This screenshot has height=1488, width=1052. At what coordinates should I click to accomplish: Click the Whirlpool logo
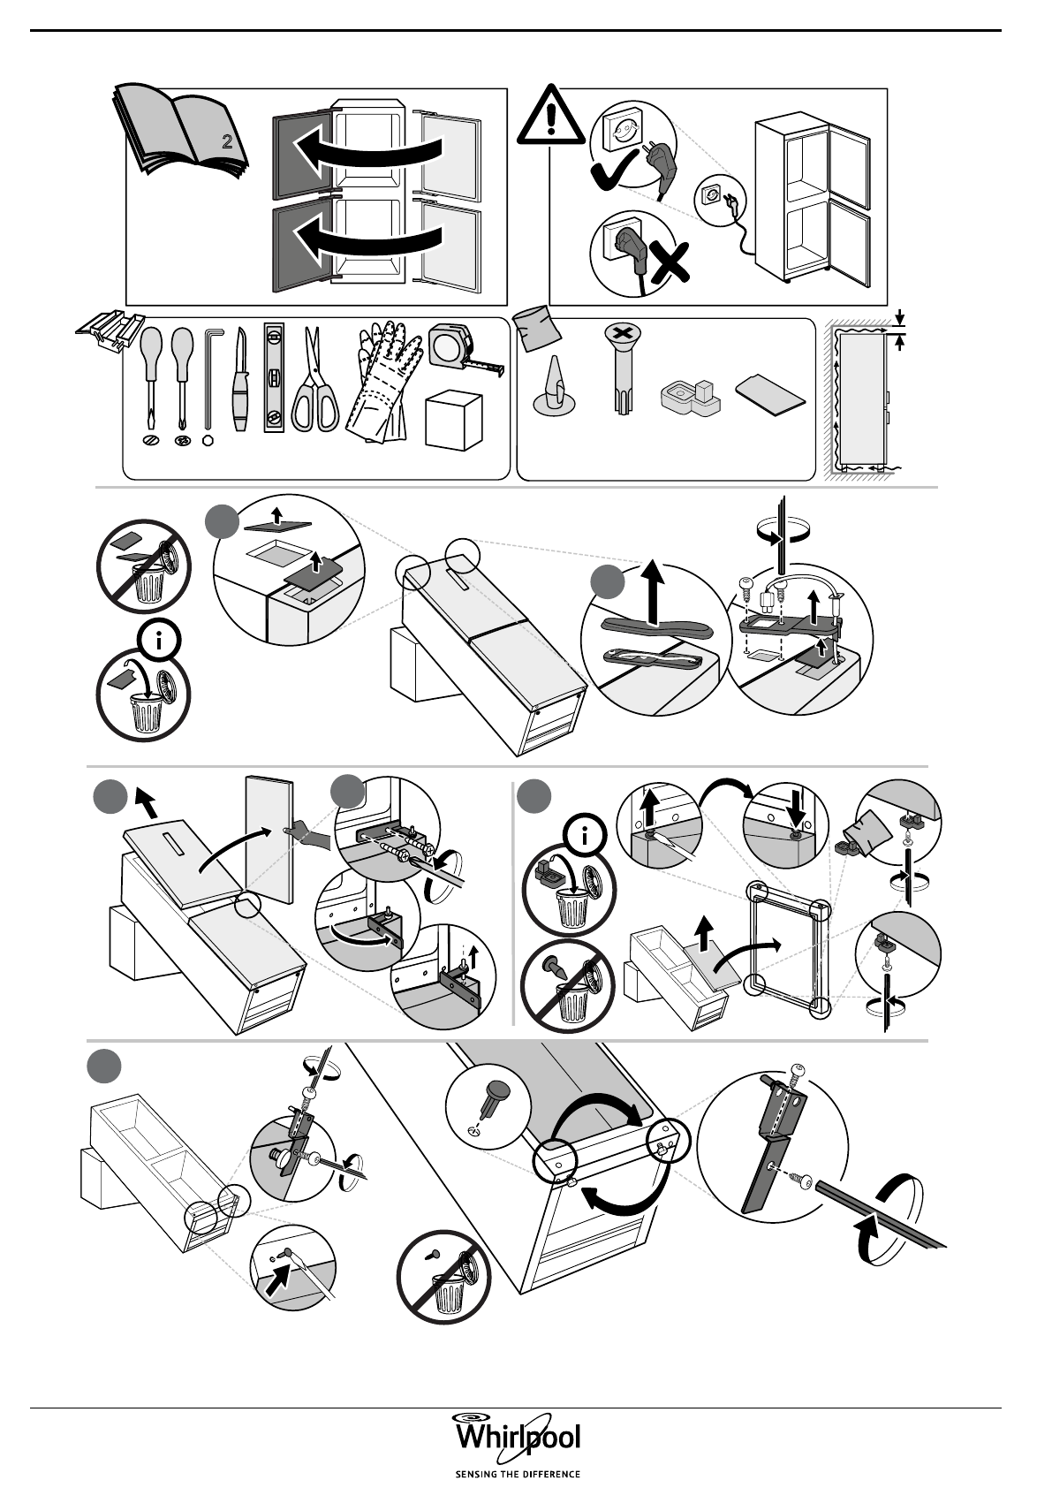coord(517,1436)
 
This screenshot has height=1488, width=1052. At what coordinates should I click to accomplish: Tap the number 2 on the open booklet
coord(227,141)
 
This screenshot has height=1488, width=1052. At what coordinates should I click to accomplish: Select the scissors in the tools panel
coord(314,382)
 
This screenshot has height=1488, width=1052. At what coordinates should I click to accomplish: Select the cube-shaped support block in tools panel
coord(454,421)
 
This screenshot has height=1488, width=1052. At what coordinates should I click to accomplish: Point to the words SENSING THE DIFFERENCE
coord(517,1474)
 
